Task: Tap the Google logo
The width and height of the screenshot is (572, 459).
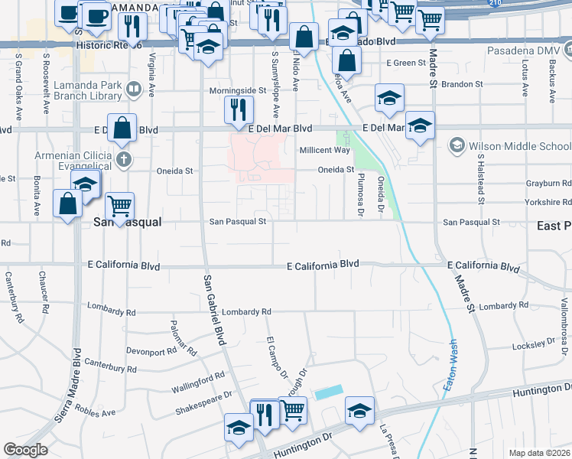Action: pos(26,450)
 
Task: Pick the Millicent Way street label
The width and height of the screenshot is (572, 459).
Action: pos(324,150)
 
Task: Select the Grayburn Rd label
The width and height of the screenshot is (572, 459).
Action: pos(548,184)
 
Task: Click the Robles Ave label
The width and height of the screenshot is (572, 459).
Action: pos(95,412)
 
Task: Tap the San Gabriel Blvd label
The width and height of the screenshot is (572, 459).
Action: pos(215,310)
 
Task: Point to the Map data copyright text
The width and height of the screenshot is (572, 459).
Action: pos(539,453)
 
